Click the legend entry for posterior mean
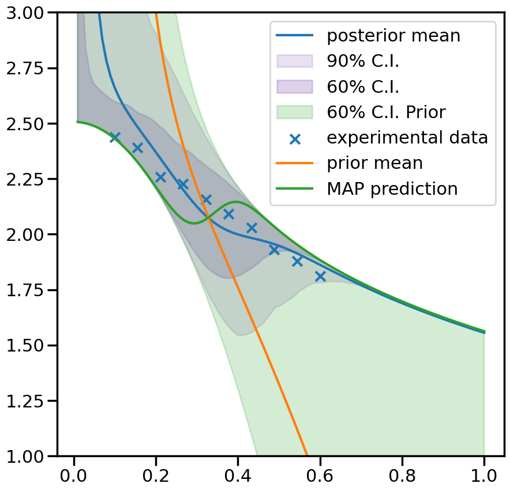pos(393,36)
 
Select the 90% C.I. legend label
pos(363,61)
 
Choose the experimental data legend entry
pos(407,138)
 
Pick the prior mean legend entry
pos(374,163)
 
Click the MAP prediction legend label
pos(392,188)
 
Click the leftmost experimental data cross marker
pos(115,137)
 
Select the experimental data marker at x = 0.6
pos(320,277)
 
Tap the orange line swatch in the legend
pos(294,163)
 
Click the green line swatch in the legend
pos(294,188)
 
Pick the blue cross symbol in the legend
pos(294,138)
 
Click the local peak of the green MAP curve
pos(235,202)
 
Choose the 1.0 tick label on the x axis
pos(483,476)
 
